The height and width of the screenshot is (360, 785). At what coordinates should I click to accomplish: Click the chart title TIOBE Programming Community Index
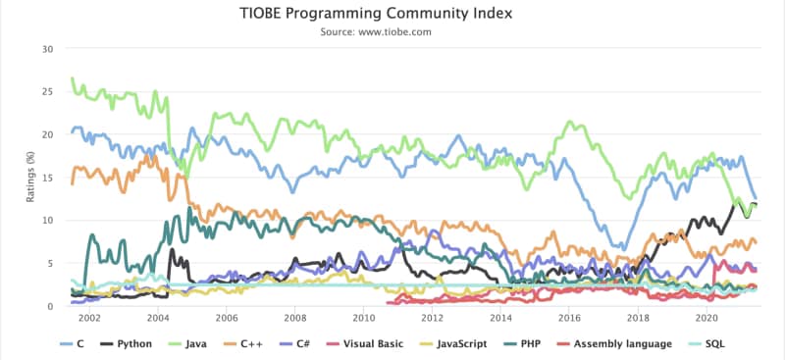coord(392,14)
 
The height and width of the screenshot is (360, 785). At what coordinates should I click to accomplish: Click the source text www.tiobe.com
coord(392,31)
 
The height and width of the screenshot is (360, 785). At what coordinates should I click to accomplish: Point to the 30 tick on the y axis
coord(48,49)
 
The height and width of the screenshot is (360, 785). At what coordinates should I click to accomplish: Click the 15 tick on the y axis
coord(48,178)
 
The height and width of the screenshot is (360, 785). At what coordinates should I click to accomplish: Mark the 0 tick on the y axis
coord(51,306)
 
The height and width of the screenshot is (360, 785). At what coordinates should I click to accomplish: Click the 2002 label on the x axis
coord(89,319)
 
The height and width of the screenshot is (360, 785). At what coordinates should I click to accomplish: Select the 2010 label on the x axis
coord(363,319)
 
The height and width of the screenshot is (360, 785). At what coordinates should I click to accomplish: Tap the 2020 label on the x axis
coord(706,319)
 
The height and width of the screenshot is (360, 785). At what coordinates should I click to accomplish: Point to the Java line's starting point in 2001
coord(72,78)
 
